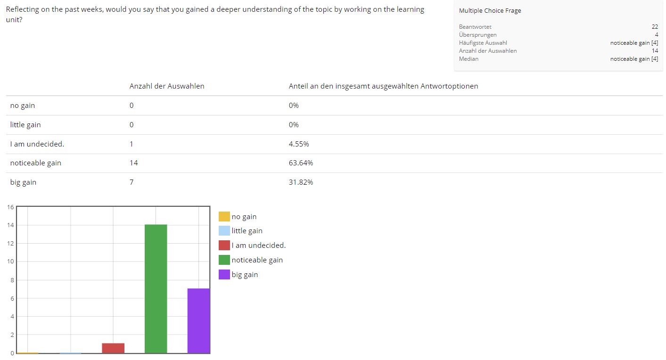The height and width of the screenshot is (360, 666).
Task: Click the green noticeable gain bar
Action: click(x=156, y=288)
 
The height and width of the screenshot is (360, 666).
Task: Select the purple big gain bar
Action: click(x=198, y=320)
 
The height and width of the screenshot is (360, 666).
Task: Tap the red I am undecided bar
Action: click(x=113, y=348)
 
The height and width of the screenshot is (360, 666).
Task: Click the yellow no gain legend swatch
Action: click(x=224, y=216)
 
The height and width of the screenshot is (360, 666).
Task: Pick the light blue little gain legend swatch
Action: click(x=224, y=230)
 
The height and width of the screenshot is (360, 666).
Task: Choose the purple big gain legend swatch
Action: click(x=224, y=274)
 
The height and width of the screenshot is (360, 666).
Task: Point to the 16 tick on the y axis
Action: click(x=10, y=207)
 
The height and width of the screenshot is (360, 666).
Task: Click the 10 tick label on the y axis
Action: click(x=10, y=262)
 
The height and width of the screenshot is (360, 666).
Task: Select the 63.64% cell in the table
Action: click(x=301, y=163)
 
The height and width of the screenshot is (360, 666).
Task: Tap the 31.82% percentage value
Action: click(x=301, y=182)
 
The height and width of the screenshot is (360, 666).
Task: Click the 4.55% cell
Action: click(x=299, y=144)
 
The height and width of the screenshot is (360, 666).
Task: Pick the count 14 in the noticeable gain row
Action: click(x=133, y=163)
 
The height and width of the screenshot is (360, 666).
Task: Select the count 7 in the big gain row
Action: click(x=132, y=182)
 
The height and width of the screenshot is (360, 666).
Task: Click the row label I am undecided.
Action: click(x=37, y=144)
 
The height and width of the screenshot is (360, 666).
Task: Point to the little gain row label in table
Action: click(x=25, y=125)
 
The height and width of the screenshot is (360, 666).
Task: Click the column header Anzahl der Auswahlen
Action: click(x=167, y=86)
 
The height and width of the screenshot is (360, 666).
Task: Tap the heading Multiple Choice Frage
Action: click(x=490, y=10)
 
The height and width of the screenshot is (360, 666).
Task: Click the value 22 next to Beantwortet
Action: click(x=655, y=27)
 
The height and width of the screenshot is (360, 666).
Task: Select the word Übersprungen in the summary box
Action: click(x=477, y=35)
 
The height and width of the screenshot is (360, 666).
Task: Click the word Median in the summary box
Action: click(x=469, y=59)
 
